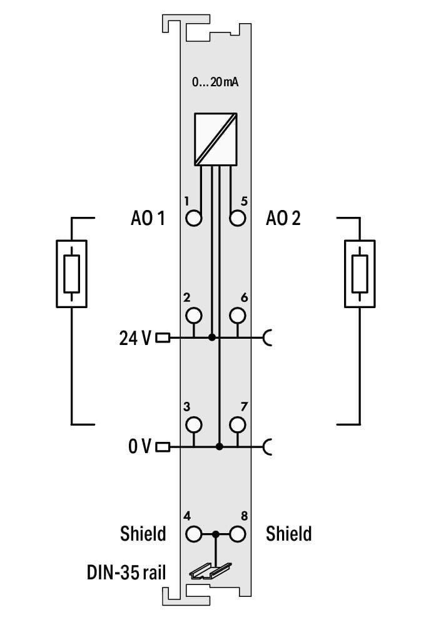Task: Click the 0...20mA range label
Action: pos(215,82)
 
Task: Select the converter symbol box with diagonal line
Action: pos(215,139)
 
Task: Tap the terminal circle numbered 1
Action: pos(194,218)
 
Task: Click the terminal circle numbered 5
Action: pos(237,218)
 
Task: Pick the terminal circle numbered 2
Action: pos(194,314)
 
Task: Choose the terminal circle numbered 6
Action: pos(237,314)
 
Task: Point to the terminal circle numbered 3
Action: pos(194,424)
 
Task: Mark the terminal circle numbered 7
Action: pos(237,424)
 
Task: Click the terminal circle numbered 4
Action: pos(194,534)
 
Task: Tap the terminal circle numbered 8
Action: pos(237,534)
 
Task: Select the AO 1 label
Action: pos(148,219)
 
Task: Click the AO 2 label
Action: pos(283,219)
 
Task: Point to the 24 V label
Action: pos(135,338)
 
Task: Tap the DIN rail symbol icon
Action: pos(210,569)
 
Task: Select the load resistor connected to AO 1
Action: pos(71,273)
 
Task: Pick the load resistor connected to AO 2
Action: pos(360,273)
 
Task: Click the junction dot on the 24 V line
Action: pos(212,337)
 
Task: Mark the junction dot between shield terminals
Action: pos(215,534)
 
